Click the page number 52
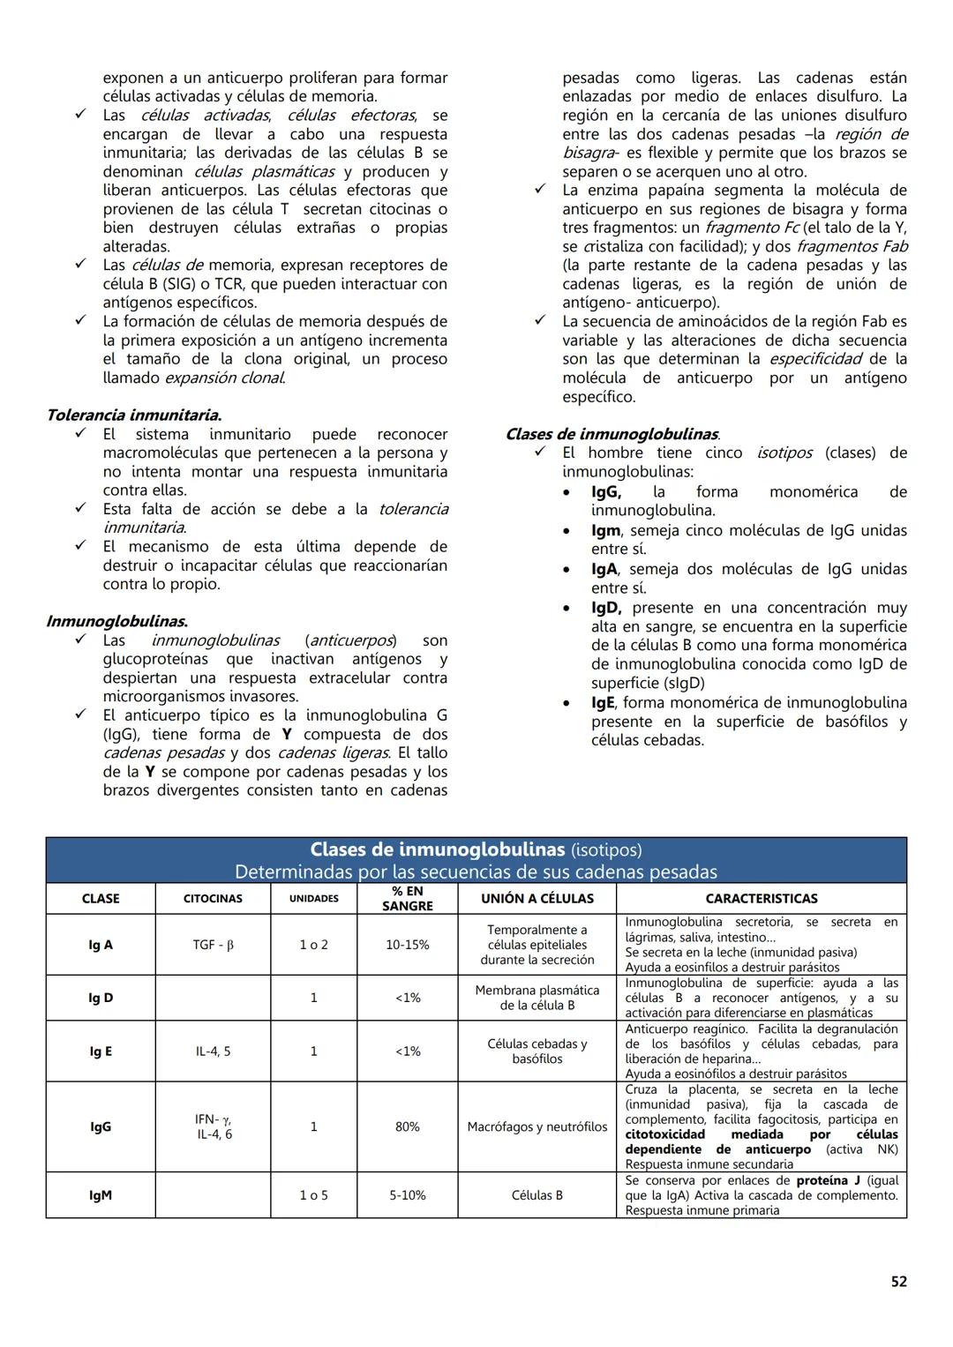click(898, 1282)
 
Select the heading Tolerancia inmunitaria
click(133, 415)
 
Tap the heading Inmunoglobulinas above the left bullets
click(116, 621)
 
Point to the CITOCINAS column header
click(213, 898)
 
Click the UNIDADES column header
click(314, 898)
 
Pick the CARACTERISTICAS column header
click(761, 898)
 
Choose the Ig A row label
click(101, 945)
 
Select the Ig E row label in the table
click(101, 1051)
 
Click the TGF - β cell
click(213, 945)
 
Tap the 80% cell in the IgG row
click(407, 1126)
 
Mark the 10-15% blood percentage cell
click(407, 945)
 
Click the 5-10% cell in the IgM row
click(407, 1195)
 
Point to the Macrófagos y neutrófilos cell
click(537, 1126)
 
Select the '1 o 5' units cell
click(313, 1195)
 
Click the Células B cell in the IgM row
click(537, 1195)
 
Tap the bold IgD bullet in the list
click(606, 608)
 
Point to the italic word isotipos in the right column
click(784, 453)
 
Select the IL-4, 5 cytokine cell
click(213, 1051)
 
